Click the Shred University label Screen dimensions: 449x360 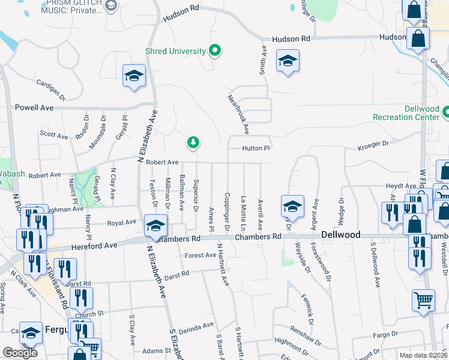click(x=175, y=51)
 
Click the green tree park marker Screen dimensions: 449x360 click(x=193, y=143)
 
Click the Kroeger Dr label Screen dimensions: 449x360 click(x=373, y=145)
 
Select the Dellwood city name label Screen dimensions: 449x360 click(x=341, y=235)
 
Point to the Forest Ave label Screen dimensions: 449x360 click(x=200, y=255)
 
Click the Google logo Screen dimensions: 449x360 click(x=20, y=353)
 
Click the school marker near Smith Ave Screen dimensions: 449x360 click(x=288, y=61)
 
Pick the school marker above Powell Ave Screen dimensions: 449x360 click(x=134, y=76)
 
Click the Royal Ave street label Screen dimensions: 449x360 click(x=122, y=223)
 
